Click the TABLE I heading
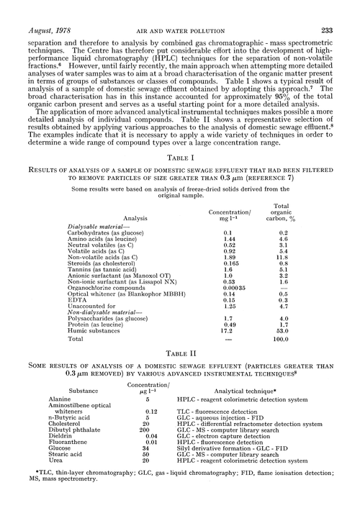click(179, 176)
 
